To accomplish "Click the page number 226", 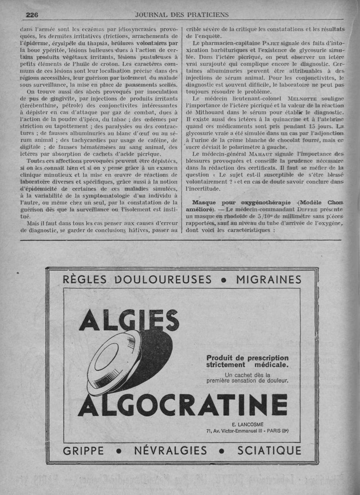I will (31, 14).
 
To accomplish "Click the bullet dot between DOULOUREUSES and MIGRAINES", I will (224, 279).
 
